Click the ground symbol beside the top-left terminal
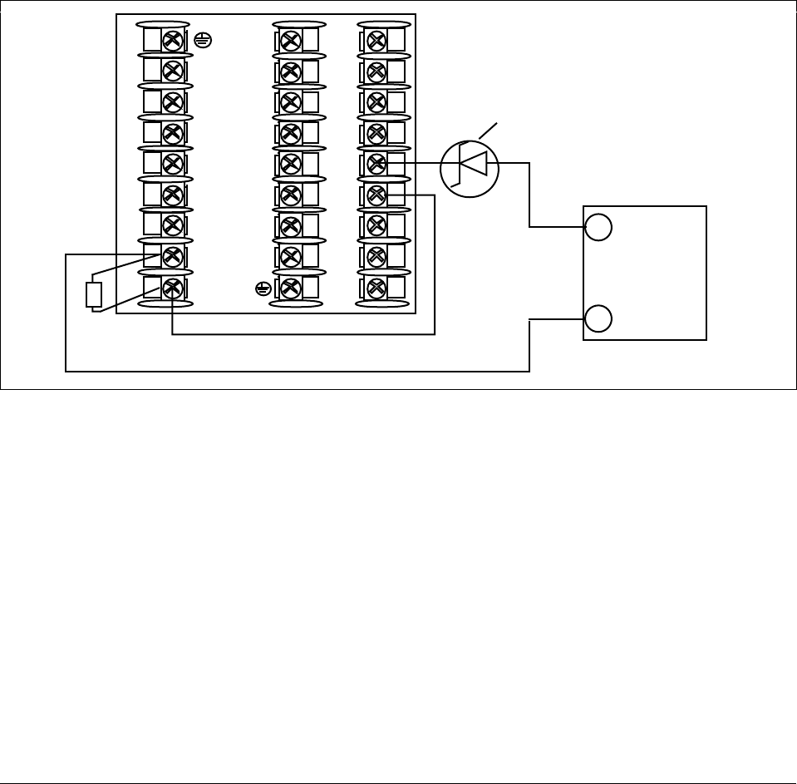click(x=200, y=38)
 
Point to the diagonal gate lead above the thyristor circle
click(x=490, y=131)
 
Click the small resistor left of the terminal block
click(x=94, y=295)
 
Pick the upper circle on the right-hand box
click(x=598, y=227)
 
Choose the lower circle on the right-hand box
click(x=598, y=318)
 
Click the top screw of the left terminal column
click(x=173, y=39)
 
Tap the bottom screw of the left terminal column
click(x=173, y=288)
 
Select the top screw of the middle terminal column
click(x=291, y=39)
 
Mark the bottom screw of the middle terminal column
click(x=291, y=288)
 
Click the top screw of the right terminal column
click(x=376, y=39)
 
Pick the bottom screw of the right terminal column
click(x=376, y=288)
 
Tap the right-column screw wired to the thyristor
click(x=376, y=163)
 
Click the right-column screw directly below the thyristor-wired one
click(x=376, y=195)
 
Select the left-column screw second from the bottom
click(x=173, y=256)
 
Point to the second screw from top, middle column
click(x=291, y=71)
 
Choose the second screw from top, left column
click(x=173, y=71)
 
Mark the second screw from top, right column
click(x=376, y=71)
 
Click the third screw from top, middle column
click(x=291, y=101)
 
